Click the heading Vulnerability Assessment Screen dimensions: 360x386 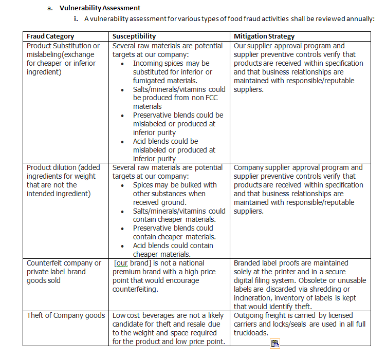tap(100, 8)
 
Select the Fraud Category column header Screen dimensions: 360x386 tap(50, 36)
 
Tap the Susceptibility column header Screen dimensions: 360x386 tap(134, 36)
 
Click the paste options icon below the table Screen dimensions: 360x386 tap(275, 344)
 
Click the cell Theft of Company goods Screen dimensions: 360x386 tap(66, 315)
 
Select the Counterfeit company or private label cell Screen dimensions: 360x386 tap(64, 272)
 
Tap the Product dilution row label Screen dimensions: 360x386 tap(64, 180)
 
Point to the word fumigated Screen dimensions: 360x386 tap(151, 81)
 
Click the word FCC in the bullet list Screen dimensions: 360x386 tap(203, 98)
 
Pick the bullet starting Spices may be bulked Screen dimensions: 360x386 tap(175, 185)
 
